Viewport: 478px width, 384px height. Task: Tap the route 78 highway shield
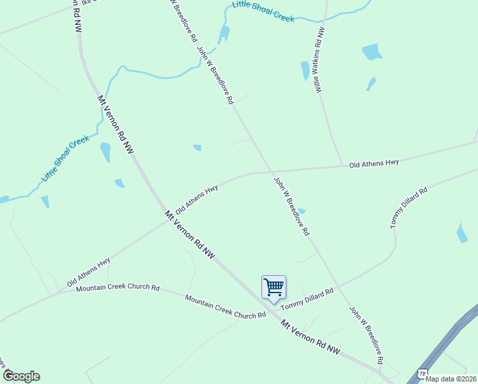[422, 372]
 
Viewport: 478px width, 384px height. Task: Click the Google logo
[20, 376]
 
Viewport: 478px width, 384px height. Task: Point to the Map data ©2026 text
[451, 378]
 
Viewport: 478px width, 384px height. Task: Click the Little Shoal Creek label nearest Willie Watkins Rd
[263, 13]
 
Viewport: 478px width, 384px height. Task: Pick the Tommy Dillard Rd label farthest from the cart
[408, 208]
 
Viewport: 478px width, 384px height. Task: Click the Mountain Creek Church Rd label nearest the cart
[225, 307]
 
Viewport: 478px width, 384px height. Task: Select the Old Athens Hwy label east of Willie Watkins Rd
[374, 164]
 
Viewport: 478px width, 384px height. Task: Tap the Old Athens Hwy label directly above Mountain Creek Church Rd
[89, 272]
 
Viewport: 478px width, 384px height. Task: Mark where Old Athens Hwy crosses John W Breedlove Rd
[271, 172]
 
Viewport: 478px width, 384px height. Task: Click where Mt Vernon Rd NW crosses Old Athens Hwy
[167, 221]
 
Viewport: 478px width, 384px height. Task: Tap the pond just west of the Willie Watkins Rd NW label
[305, 70]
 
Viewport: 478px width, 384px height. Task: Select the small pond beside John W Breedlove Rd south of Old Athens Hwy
[301, 211]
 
